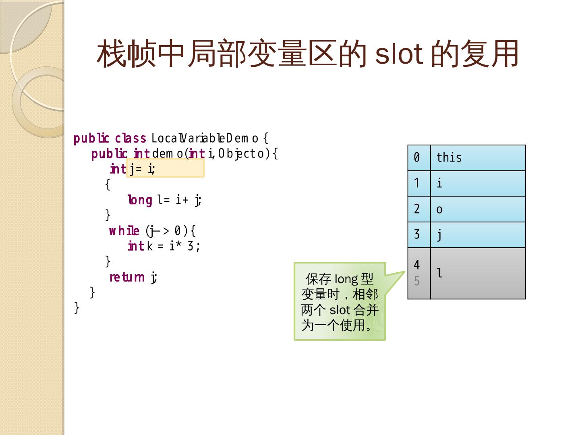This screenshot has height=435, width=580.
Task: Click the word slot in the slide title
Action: point(399,54)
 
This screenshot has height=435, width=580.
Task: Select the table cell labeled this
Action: point(478,157)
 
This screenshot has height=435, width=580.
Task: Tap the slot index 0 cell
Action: point(419,157)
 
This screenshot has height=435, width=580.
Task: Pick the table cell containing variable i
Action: point(478,183)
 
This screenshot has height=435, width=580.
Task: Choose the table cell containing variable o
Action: point(478,209)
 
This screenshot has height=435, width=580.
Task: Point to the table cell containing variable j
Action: point(478,234)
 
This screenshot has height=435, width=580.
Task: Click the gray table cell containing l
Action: point(478,273)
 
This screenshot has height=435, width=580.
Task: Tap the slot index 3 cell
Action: point(419,234)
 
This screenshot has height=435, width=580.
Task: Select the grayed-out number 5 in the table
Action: point(417,281)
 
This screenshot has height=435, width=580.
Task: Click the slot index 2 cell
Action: point(419,209)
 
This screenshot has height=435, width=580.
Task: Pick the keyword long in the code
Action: point(140,200)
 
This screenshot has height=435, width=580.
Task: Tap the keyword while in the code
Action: point(124,231)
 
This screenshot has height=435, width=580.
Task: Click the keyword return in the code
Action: point(127,277)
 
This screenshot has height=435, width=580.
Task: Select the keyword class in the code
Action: point(130,138)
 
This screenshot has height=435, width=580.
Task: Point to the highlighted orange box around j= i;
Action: point(165,168)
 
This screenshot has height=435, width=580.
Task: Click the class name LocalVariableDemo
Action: point(205,138)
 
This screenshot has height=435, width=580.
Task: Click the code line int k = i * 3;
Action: point(164,246)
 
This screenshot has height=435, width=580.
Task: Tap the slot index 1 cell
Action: point(419,183)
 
